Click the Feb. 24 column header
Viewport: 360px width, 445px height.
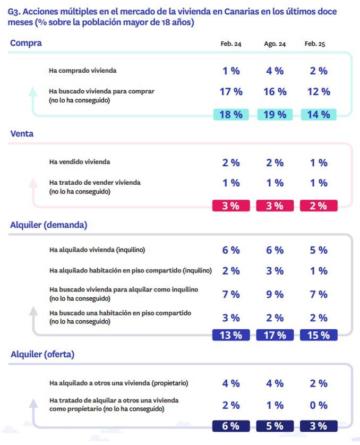230,44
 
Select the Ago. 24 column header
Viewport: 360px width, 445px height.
275,44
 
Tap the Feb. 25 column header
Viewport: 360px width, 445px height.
314,44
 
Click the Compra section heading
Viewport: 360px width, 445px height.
25,43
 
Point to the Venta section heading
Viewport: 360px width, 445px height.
22,134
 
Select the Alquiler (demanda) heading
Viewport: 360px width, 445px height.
48,225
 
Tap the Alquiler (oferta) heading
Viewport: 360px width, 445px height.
42,355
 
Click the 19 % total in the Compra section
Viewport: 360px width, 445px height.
275,115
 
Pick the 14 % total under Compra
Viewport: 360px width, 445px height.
319,115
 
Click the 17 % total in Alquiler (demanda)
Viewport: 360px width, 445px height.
275,335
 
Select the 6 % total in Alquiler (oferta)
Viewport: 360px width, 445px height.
230,426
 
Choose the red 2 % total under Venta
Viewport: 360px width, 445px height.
319,206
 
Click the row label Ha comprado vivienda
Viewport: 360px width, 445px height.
83,71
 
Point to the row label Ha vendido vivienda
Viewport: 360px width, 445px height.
80,161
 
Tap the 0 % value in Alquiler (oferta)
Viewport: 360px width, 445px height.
319,405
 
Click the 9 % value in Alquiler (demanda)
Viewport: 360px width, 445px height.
275,294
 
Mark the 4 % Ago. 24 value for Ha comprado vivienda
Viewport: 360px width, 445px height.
275,71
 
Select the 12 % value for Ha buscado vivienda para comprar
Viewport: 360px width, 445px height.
319,91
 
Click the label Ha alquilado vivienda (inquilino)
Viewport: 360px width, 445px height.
97,250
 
